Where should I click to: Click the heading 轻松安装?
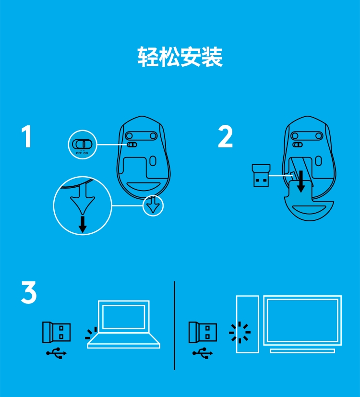[x=180, y=57]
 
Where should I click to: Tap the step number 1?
[x=26, y=136]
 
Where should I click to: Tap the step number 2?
[x=225, y=136]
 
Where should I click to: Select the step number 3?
[x=29, y=292]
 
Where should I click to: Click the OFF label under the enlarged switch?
[x=79, y=153]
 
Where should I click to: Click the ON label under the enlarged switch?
[x=86, y=153]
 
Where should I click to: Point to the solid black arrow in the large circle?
[x=83, y=224]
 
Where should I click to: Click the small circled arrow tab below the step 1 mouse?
[x=153, y=205]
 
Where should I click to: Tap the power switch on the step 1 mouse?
[x=132, y=144]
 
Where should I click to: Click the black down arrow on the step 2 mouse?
[x=301, y=181]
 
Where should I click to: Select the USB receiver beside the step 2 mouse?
[x=261, y=176]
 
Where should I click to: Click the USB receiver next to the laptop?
[x=57, y=332]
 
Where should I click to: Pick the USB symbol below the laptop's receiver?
[x=56, y=353]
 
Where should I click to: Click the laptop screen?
[x=123, y=316]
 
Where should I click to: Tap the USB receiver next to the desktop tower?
[x=203, y=332]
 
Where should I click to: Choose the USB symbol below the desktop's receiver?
[x=203, y=353]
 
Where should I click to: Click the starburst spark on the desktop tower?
[x=240, y=333]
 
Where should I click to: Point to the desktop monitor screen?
[x=302, y=320]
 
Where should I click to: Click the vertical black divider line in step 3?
[x=174, y=325]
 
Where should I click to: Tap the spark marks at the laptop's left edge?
[x=92, y=333]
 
